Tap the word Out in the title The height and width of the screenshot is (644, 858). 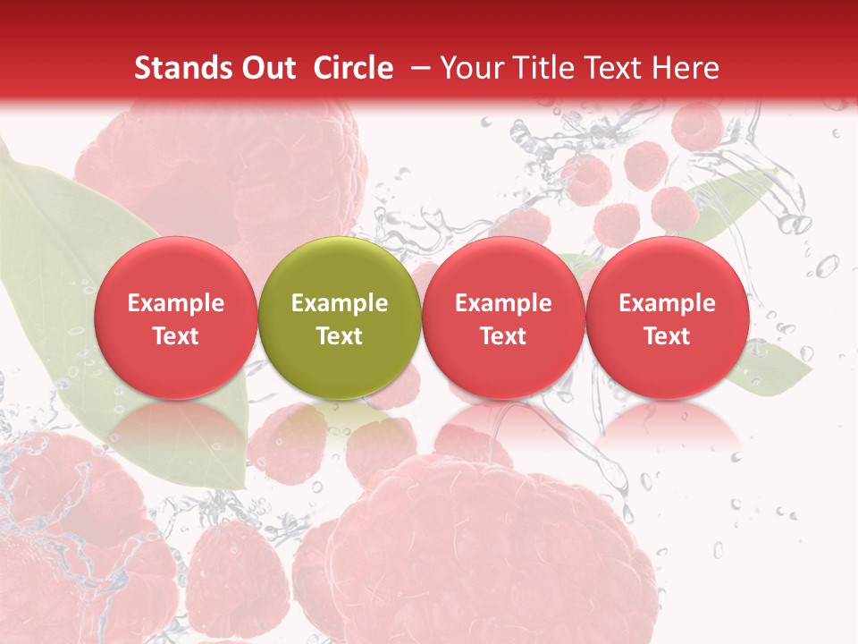(x=269, y=68)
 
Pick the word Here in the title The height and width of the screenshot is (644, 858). (x=686, y=68)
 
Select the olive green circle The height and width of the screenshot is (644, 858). (x=340, y=318)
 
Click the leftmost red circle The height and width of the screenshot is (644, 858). (x=176, y=318)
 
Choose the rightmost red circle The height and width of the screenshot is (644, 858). (x=667, y=318)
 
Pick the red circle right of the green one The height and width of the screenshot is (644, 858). (x=503, y=318)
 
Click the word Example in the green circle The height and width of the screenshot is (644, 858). (x=340, y=303)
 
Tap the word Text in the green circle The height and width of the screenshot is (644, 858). (x=340, y=336)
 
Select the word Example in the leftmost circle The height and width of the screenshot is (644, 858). (x=176, y=303)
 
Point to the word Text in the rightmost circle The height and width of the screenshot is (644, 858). (x=667, y=336)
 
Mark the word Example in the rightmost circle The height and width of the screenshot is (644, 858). (x=667, y=303)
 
